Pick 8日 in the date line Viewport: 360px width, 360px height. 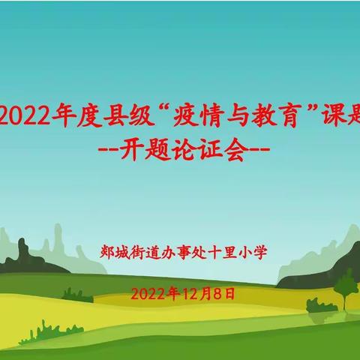tap(224, 294)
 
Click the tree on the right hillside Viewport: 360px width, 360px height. tap(345, 286)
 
